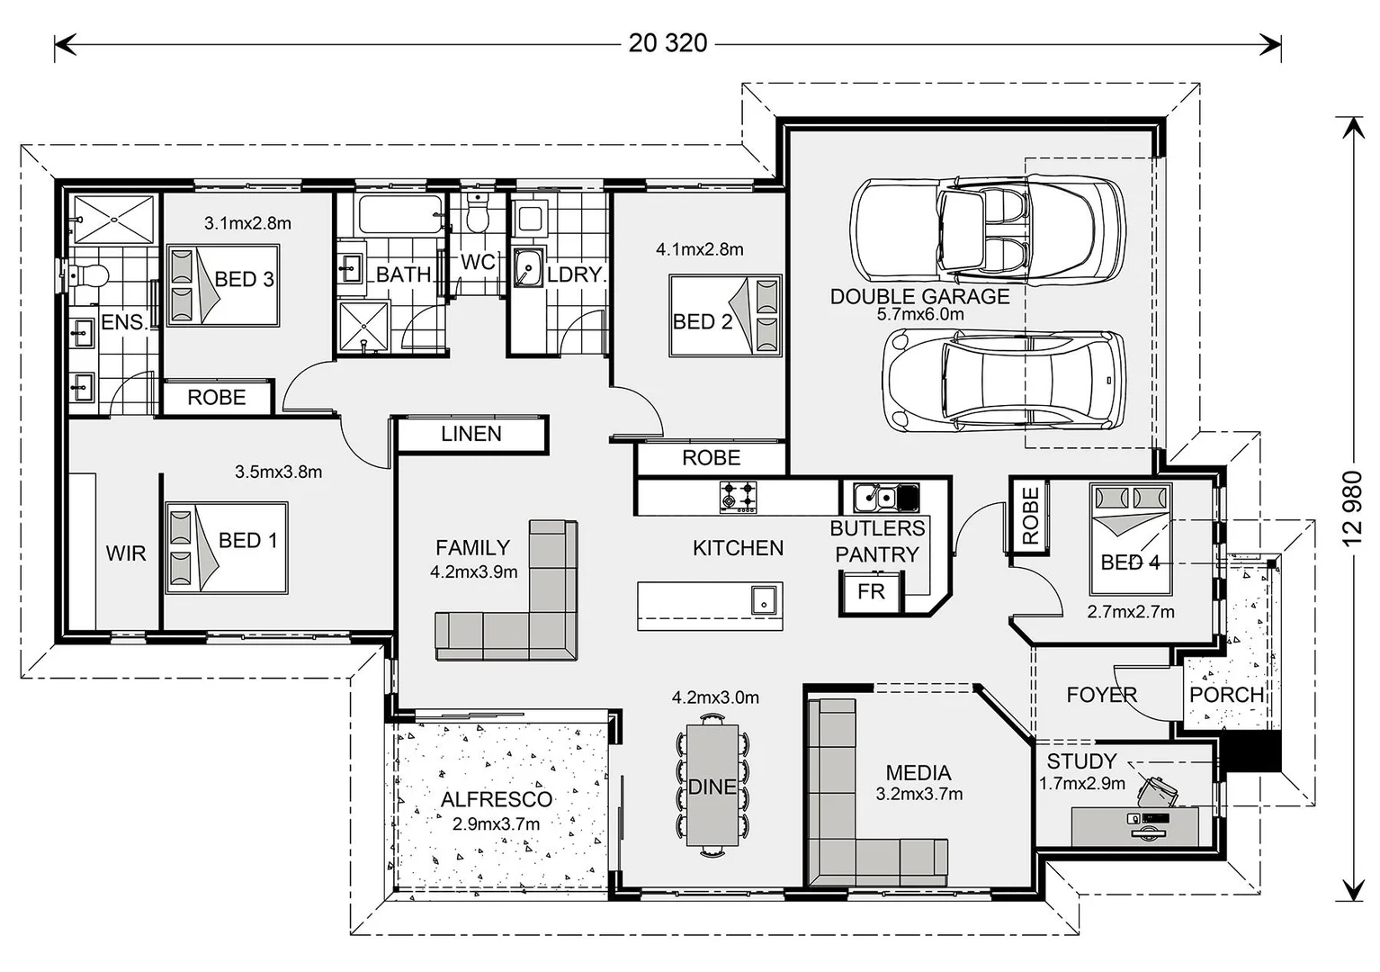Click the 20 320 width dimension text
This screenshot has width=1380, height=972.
point(668,43)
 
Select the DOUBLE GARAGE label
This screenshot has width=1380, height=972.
point(919,296)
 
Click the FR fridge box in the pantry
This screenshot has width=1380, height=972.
point(871,591)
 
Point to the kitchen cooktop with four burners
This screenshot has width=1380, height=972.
point(738,496)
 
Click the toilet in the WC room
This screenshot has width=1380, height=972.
point(478,217)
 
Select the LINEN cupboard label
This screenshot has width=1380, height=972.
point(471,434)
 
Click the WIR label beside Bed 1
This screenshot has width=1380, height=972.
point(126,553)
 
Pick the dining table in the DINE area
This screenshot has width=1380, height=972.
point(712,786)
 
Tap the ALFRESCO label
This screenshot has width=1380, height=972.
point(497,799)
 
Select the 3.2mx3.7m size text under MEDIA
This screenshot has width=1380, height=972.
point(919,794)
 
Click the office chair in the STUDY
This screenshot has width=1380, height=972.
point(1159,788)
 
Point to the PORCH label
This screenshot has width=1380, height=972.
point(1226,695)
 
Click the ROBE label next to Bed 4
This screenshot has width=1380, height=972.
point(1030,517)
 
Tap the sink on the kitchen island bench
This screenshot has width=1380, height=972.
point(763,599)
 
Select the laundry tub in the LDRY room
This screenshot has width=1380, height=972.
point(527,268)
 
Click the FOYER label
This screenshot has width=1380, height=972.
point(1101,695)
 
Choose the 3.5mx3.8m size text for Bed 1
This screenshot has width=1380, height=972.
point(278,472)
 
